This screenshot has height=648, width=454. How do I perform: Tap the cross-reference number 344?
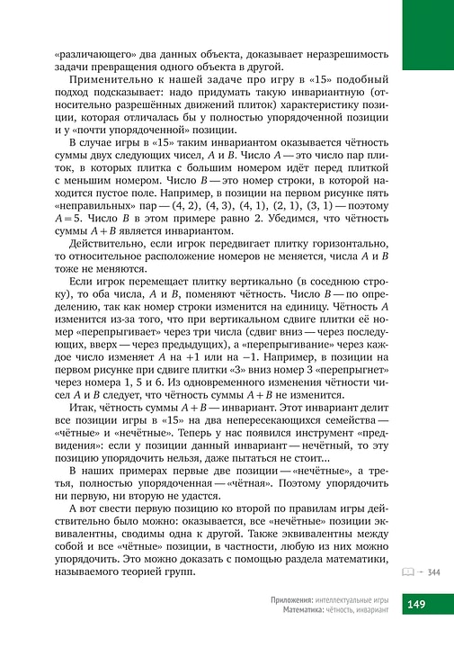tap(434, 571)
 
